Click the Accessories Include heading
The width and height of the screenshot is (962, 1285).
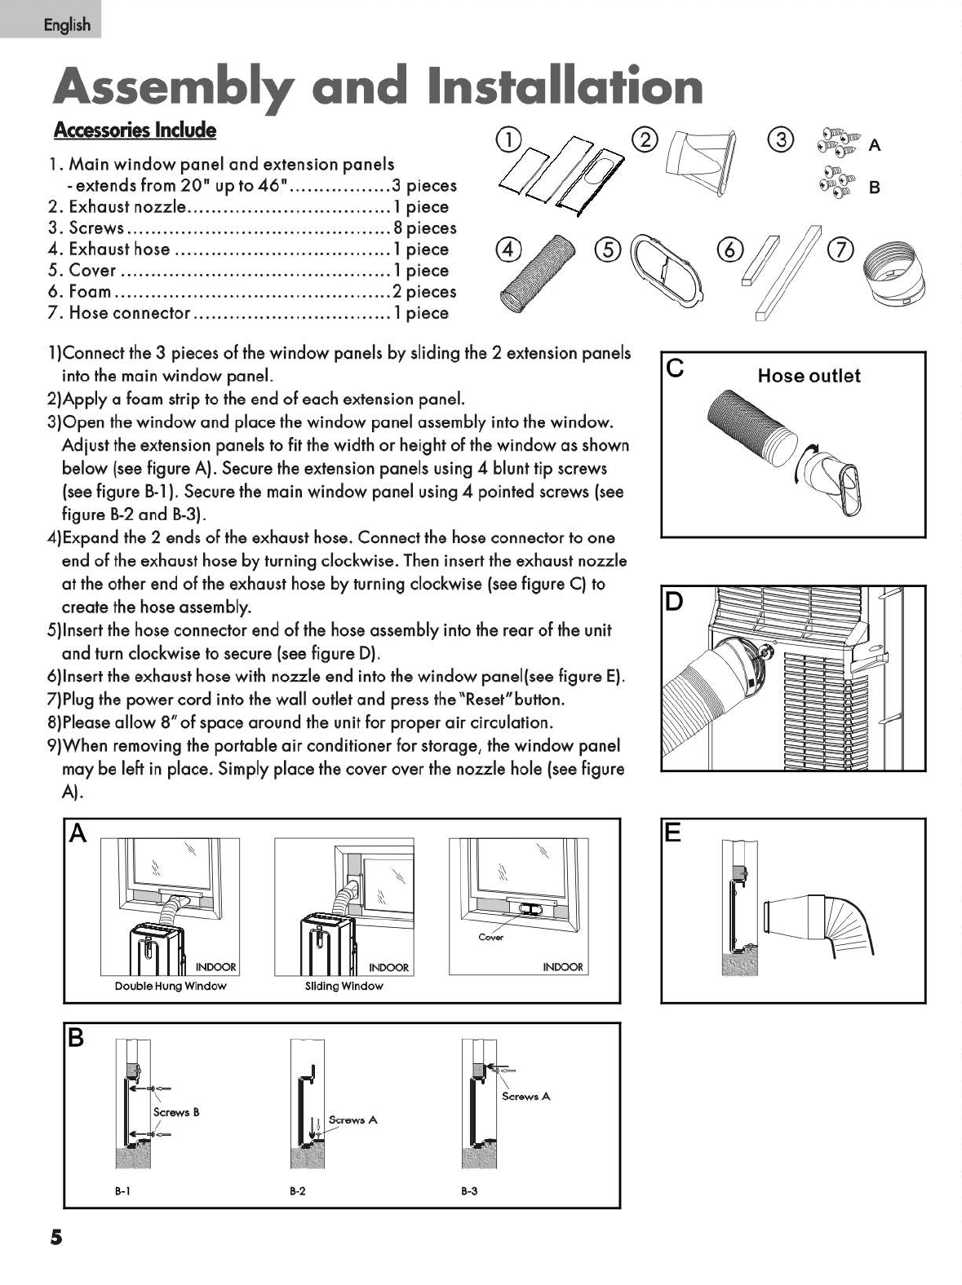coord(135,130)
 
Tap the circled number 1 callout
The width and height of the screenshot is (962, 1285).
coord(508,140)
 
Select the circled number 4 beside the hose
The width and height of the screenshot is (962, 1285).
coord(508,249)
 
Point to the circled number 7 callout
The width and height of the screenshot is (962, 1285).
coord(840,248)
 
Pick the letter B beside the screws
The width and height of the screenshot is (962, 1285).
coord(875,188)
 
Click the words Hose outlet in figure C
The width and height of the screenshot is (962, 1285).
coord(809,376)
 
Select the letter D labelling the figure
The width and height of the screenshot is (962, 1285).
coord(674,603)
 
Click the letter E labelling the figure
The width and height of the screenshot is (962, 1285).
coord(673,832)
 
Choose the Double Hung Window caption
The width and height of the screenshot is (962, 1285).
coord(171,986)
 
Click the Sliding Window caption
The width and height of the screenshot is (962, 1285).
coord(344,986)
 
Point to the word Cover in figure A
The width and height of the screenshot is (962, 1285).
coord(490,937)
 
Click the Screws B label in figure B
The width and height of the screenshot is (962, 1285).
coord(176,1112)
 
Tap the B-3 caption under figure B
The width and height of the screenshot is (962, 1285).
coord(469,1191)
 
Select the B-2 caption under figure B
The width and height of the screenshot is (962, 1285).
coord(297,1191)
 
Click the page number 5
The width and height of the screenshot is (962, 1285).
coord(55,1237)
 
